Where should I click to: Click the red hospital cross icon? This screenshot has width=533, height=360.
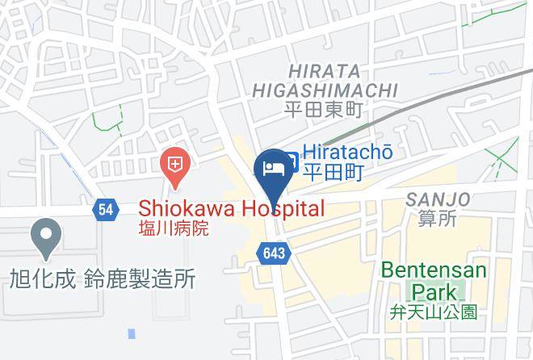pos(174,167)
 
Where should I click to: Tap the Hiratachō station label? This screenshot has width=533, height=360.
pos(347,152)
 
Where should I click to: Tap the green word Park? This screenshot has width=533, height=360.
pos(434,291)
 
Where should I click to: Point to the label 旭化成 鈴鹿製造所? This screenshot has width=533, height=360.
pos(103,279)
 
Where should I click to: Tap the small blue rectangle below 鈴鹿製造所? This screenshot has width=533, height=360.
pos(132,333)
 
